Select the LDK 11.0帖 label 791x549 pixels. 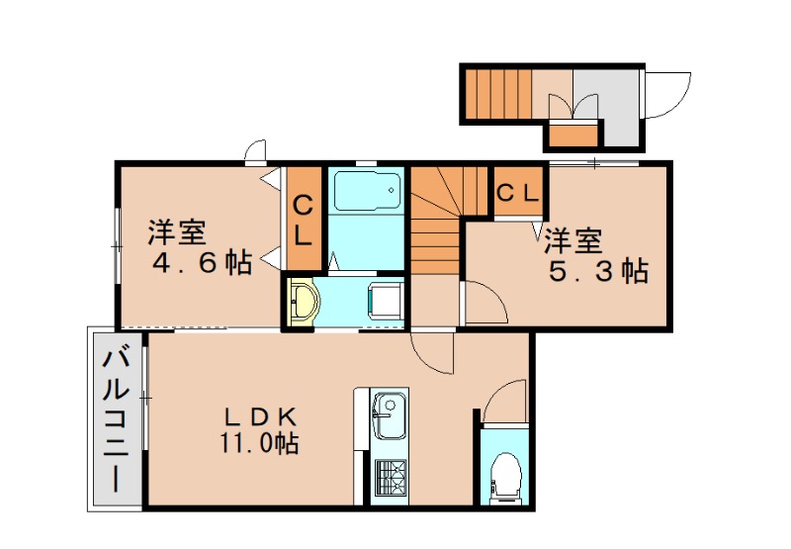(260, 428)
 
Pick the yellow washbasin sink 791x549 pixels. (304, 299)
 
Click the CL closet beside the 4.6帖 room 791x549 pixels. (304, 221)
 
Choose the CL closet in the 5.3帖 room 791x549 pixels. (517, 192)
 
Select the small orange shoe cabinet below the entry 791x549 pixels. (572, 133)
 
